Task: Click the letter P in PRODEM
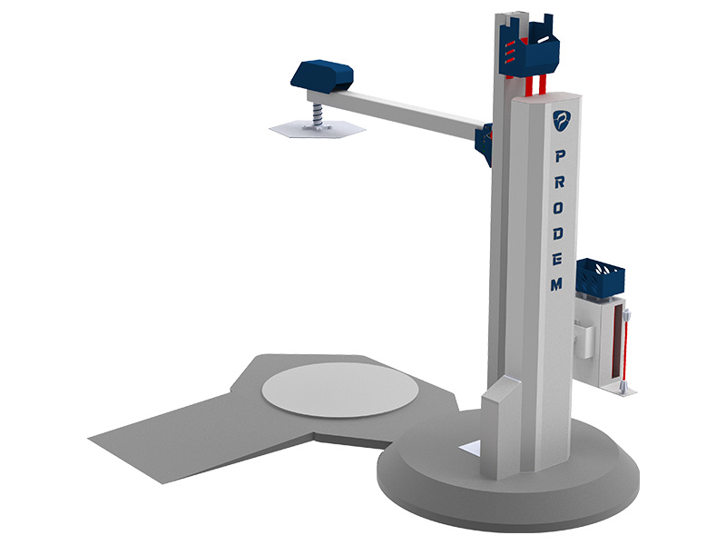(x=560, y=156)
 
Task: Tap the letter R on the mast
(x=559, y=182)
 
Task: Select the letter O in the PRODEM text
(x=558, y=208)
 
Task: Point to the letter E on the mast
(x=557, y=260)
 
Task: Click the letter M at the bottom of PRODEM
(x=556, y=284)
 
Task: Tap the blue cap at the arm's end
(x=322, y=75)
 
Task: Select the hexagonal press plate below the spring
(x=318, y=127)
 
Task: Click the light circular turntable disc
(x=339, y=391)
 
